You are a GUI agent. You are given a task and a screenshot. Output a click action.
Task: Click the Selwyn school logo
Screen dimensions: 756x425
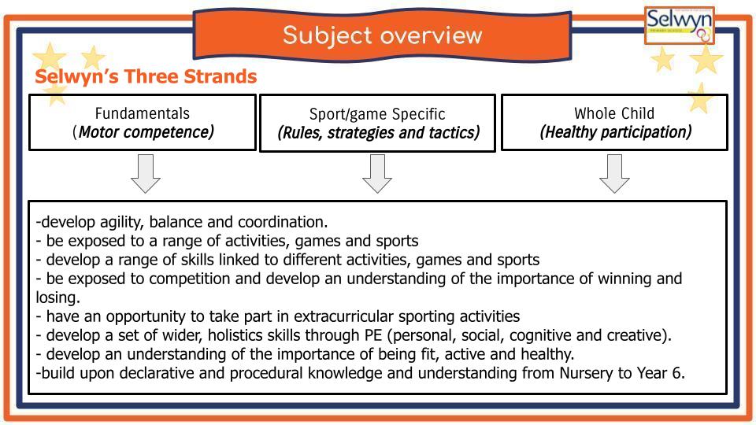coord(680,25)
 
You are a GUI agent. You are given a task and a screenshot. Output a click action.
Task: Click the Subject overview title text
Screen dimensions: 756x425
coord(383,35)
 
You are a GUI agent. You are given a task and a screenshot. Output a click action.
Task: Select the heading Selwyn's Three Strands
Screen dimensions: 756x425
coord(146,76)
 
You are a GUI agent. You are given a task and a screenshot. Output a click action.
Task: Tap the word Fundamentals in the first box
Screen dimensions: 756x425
coord(143,113)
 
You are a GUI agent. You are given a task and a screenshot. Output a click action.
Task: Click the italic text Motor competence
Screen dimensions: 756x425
coord(146,132)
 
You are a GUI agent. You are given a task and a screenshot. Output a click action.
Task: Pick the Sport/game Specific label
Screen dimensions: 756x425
coord(377,114)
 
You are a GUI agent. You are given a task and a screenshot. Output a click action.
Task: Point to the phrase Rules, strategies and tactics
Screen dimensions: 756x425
coord(379,132)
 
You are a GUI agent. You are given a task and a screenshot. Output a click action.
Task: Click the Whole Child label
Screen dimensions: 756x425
coord(614,113)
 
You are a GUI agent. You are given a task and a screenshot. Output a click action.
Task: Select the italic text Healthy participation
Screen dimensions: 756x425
coord(616,132)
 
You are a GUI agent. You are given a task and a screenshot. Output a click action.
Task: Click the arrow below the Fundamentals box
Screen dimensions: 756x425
coord(146,173)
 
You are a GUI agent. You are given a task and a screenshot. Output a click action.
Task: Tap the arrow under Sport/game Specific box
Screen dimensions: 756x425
coord(377,173)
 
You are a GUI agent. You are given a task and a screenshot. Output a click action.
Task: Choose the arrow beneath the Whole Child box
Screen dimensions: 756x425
coord(614,173)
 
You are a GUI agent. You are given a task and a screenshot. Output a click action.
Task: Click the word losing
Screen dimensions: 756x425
coord(57,297)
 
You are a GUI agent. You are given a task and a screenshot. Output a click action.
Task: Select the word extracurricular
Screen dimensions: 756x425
coord(344,316)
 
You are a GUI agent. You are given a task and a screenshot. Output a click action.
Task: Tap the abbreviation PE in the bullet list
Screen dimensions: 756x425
coord(372,335)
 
